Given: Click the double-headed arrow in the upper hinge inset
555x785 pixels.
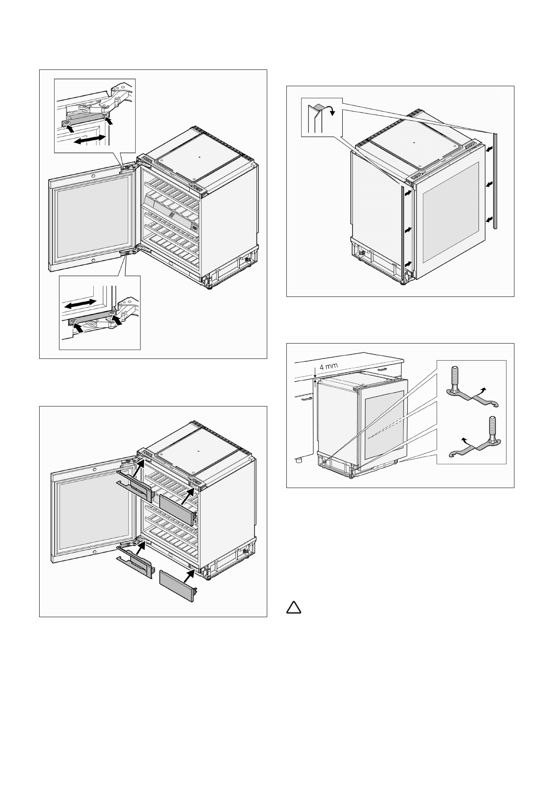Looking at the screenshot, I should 90,140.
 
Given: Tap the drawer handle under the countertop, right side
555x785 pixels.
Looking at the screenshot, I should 383,368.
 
